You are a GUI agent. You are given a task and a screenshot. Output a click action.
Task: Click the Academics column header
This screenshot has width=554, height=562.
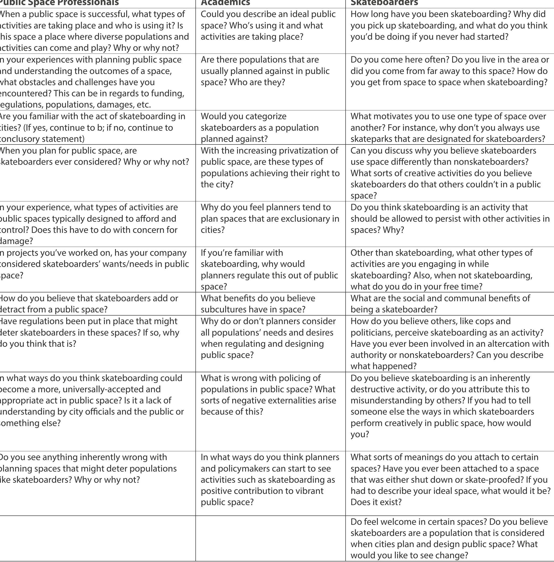coord(225,3)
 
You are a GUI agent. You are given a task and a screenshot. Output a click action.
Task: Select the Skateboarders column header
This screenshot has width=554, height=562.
coord(384,3)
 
